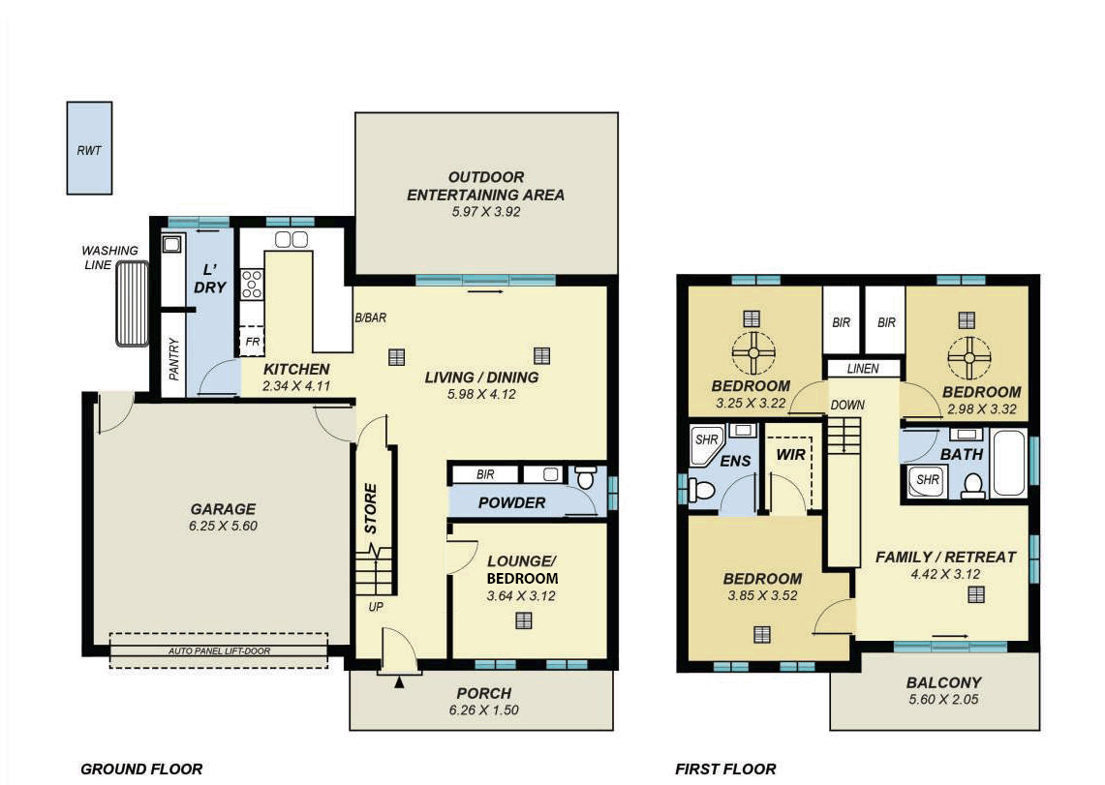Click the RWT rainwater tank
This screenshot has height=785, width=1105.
click(89, 148)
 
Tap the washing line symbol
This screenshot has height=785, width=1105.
click(133, 304)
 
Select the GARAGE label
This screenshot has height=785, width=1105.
click(223, 509)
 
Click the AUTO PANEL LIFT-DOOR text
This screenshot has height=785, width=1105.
click(219, 651)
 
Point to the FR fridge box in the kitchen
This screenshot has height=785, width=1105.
click(253, 341)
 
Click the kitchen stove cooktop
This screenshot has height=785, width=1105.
click(253, 284)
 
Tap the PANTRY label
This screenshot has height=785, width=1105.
click(174, 359)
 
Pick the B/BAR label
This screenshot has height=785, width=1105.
click(371, 317)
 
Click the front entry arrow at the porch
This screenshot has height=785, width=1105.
click(400, 681)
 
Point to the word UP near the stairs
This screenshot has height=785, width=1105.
click(376, 606)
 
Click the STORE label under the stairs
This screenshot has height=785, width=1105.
click(371, 508)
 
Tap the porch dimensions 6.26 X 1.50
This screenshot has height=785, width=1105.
click(483, 710)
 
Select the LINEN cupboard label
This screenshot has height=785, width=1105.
click(863, 368)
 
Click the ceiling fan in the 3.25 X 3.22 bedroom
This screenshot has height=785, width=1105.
click(753, 352)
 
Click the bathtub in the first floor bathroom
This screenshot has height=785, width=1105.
click(1010, 463)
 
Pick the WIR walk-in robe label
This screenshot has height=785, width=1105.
click(790, 455)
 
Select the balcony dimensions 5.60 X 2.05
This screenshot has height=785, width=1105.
click(943, 699)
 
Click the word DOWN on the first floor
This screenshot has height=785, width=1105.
click(847, 405)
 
